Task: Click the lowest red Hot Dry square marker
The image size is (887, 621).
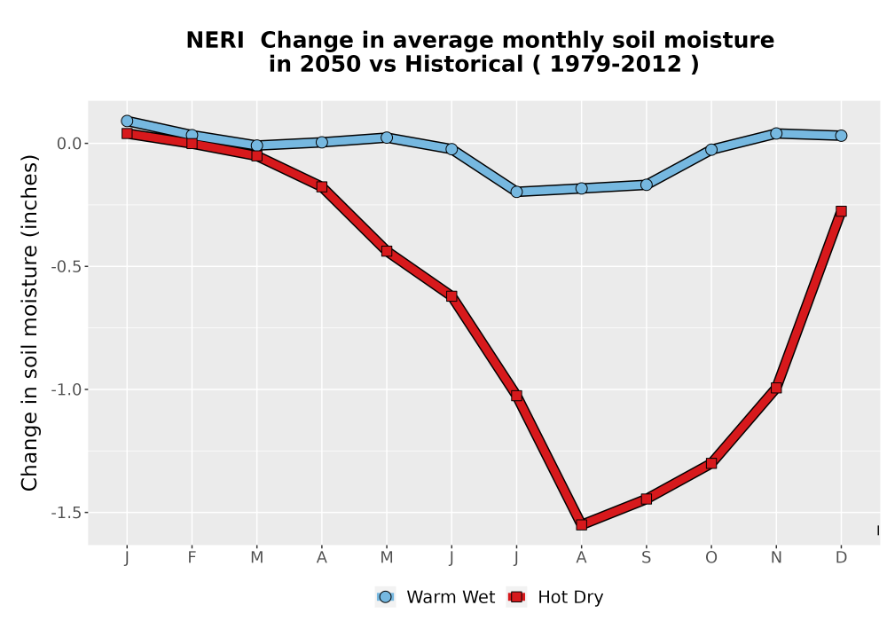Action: [x=581, y=524]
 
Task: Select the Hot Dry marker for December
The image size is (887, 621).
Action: [x=841, y=211]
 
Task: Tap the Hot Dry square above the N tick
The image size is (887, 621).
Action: [x=775, y=388]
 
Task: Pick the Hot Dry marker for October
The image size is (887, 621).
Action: [x=711, y=463]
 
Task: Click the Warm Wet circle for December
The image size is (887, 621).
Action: [x=841, y=135]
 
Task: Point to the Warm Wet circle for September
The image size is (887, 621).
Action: [x=646, y=185]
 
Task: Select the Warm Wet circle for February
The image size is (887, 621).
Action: [x=192, y=135]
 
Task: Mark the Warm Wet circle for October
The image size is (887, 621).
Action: [x=711, y=149]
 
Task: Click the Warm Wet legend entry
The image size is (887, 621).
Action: [x=435, y=597]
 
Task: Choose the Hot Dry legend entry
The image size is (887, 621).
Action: [x=556, y=597]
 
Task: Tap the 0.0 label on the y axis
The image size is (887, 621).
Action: [x=69, y=144]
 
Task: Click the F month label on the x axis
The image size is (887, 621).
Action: [x=192, y=558]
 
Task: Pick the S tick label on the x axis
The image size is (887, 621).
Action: [x=646, y=558]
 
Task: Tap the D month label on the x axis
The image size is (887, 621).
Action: [x=841, y=558]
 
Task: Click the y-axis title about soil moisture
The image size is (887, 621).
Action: [x=29, y=323]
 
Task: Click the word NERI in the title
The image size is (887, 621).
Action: [x=215, y=41]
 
